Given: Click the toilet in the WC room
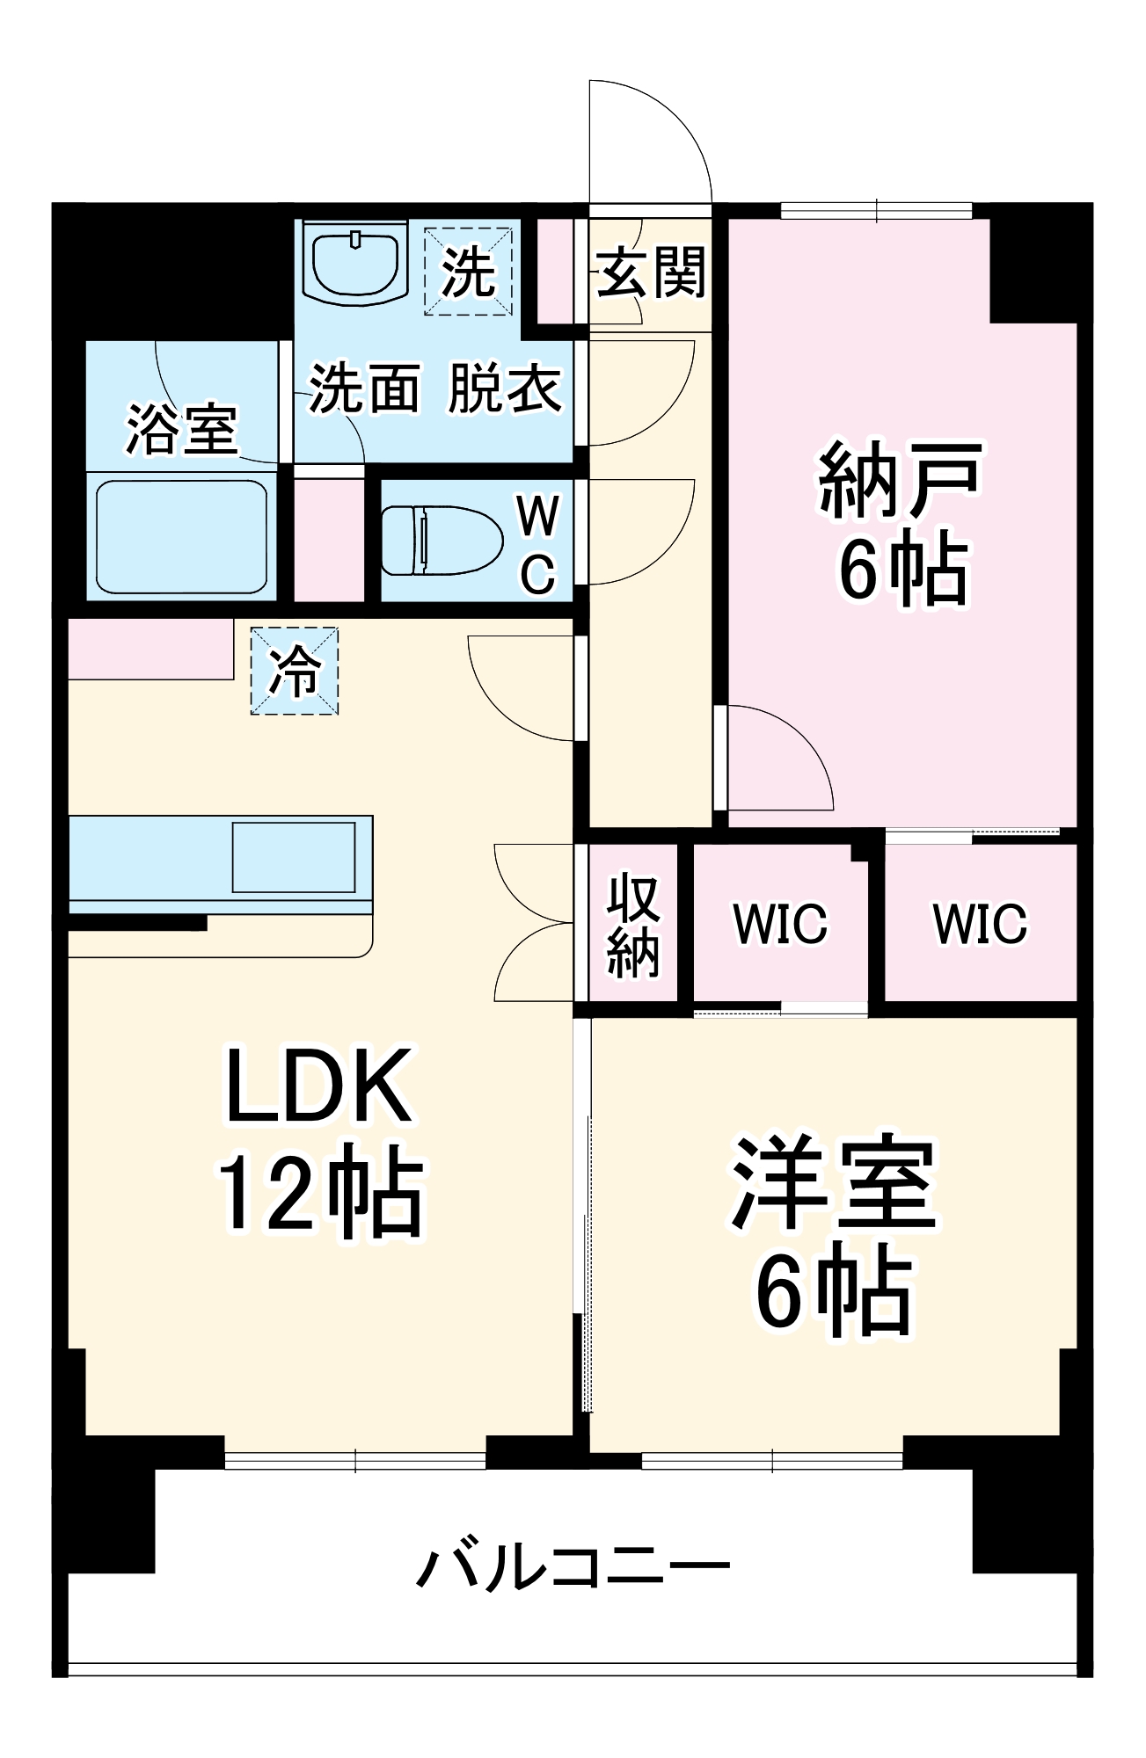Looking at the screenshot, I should click(x=440, y=540).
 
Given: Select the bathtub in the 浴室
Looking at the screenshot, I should click(x=181, y=535).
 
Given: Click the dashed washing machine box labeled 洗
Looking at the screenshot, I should click(x=468, y=271).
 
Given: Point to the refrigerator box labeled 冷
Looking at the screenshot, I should click(x=294, y=671).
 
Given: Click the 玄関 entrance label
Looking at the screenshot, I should click(x=651, y=272).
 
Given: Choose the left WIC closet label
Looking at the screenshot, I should click(x=780, y=923).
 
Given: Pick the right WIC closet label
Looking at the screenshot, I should click(x=980, y=923).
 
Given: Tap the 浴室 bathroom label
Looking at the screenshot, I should click(x=182, y=429).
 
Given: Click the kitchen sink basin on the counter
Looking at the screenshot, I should click(x=294, y=857).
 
